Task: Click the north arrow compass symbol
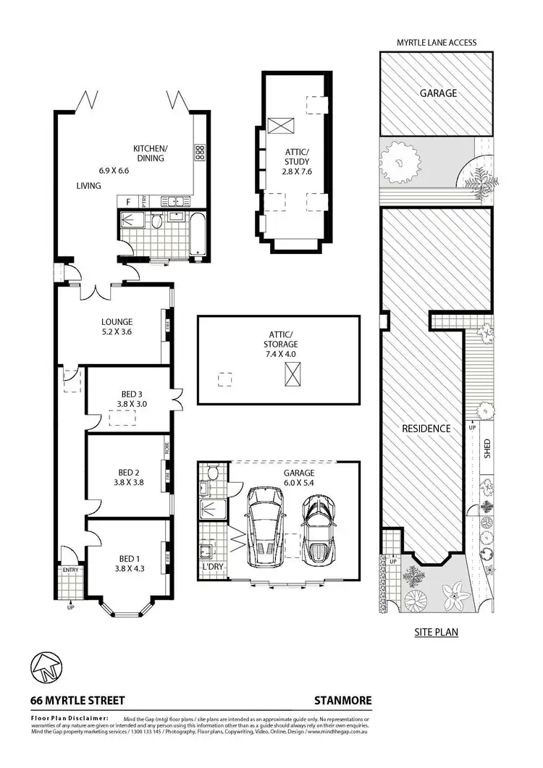point(46,667)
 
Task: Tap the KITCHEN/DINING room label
point(150,153)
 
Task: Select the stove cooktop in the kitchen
point(199,152)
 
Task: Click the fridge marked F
point(128,202)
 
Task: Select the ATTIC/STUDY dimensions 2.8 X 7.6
point(297,172)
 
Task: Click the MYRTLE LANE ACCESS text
point(436,43)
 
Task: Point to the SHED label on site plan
point(487,448)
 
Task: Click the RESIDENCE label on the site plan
point(426,429)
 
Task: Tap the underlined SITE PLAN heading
point(436,632)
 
